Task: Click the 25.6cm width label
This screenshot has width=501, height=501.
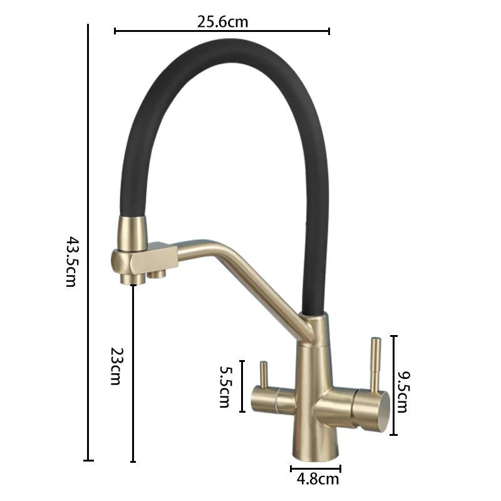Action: [x=222, y=22]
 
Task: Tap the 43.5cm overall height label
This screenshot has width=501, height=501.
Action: [x=71, y=262]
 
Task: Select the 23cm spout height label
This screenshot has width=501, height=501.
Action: [x=116, y=366]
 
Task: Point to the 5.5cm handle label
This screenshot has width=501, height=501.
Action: [x=225, y=386]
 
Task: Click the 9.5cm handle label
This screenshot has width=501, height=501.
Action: [x=402, y=392]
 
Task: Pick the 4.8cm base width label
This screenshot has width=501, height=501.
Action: [x=318, y=479]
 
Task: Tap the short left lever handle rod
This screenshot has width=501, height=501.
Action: [x=264, y=374]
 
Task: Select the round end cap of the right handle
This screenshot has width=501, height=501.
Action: [x=383, y=411]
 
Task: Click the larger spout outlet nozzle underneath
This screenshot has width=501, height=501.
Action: [x=133, y=279]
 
